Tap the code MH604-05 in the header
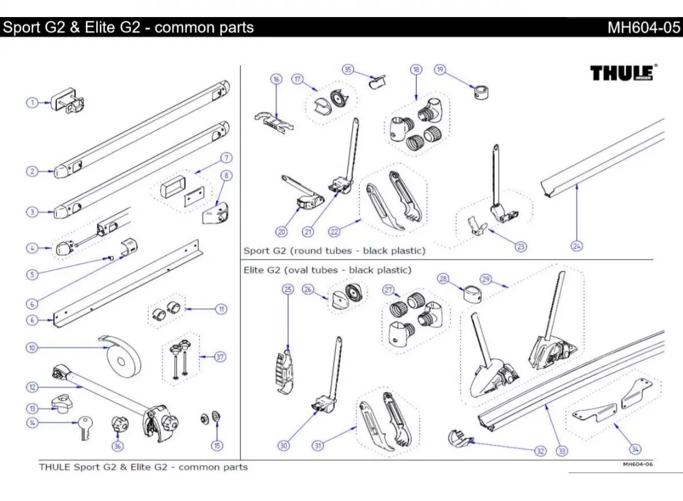(x=644, y=27)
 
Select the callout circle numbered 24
(x=577, y=246)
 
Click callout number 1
(x=32, y=102)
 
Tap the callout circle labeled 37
(x=220, y=357)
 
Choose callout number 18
(x=416, y=69)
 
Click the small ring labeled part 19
(x=482, y=91)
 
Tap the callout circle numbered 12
(x=32, y=387)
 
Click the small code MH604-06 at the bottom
(x=637, y=464)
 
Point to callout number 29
(x=485, y=279)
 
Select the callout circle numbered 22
(x=334, y=232)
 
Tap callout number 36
(x=117, y=446)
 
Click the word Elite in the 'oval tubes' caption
(x=254, y=270)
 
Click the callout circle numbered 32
(x=540, y=451)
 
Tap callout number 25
(x=288, y=290)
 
